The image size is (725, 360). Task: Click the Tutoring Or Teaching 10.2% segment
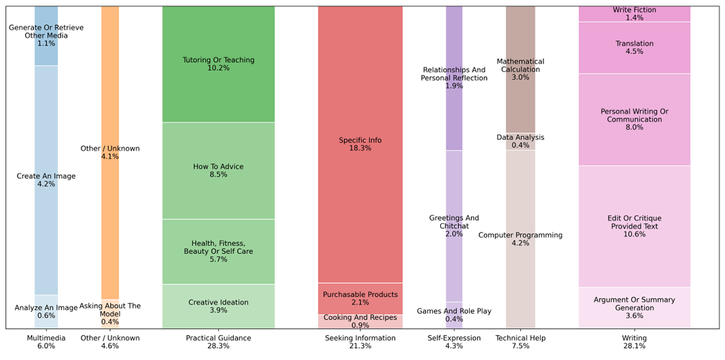point(218,64)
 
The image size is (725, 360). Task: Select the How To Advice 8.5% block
point(218,171)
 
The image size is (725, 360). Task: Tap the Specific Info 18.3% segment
point(360,145)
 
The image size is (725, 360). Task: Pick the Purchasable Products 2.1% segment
point(360,299)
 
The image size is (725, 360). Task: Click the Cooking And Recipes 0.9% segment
point(360,322)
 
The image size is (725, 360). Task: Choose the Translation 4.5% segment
point(634,47)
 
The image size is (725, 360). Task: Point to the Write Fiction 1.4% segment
point(634,14)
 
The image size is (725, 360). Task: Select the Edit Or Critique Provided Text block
point(634,226)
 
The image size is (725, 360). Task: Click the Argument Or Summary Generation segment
point(634,308)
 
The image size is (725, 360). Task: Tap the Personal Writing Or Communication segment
point(634,120)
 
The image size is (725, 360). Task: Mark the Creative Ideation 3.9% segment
point(218,307)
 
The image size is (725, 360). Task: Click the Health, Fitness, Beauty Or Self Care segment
point(218,251)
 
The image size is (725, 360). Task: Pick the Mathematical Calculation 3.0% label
point(520,69)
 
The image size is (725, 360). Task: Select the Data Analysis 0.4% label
point(520,141)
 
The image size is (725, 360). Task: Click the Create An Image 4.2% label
point(46,180)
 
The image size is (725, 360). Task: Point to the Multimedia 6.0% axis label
point(46,342)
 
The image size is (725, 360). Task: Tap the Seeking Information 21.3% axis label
point(360,342)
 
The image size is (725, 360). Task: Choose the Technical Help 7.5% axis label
point(520,342)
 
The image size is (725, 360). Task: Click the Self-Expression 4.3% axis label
point(454,342)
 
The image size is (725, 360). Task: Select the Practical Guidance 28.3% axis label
point(218,342)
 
